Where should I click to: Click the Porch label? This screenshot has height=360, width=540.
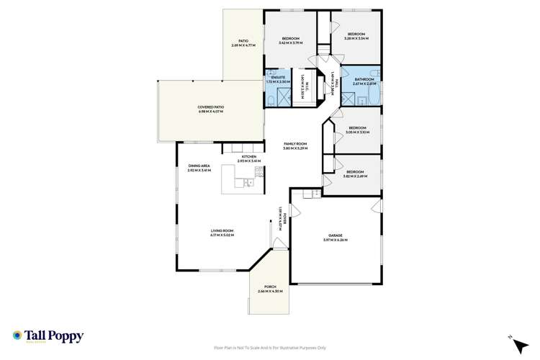[270, 288]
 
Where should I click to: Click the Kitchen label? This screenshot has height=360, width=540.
[249, 156]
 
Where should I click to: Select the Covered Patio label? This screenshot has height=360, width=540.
[210, 108]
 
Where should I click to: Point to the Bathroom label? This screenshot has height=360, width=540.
[364, 79]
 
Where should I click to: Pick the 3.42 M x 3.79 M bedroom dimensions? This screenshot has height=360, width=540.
[290, 41]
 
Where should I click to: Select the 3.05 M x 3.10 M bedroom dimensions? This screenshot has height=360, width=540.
[357, 132]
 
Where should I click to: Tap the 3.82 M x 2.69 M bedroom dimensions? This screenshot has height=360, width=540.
[356, 176]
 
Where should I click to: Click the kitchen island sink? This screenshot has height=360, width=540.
[248, 183]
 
